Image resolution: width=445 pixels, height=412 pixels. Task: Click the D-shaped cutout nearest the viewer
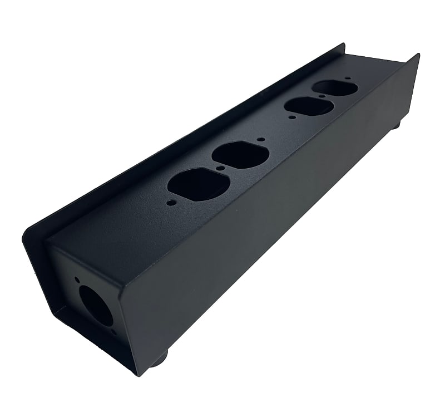pos(199,184)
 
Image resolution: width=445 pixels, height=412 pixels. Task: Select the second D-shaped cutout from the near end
pos(240,155)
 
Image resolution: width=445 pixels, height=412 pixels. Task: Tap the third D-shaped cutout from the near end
pos(309,106)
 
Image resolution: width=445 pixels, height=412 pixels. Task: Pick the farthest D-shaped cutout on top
pos(335,87)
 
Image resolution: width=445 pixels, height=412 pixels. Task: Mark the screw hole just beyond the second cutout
pos(260,139)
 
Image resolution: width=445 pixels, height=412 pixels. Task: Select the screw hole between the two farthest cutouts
pos(322,96)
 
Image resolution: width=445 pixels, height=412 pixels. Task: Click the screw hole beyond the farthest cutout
pos(348,79)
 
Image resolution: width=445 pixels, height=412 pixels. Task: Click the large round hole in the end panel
pos(96,306)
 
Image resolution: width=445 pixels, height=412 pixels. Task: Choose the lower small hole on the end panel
pos(113,332)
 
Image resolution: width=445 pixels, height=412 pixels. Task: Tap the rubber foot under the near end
pos(159,358)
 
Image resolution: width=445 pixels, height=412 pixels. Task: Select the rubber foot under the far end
pos(395,126)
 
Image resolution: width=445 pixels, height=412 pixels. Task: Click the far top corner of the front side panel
pos(418,55)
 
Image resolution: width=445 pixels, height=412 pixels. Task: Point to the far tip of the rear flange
pos(344,44)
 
